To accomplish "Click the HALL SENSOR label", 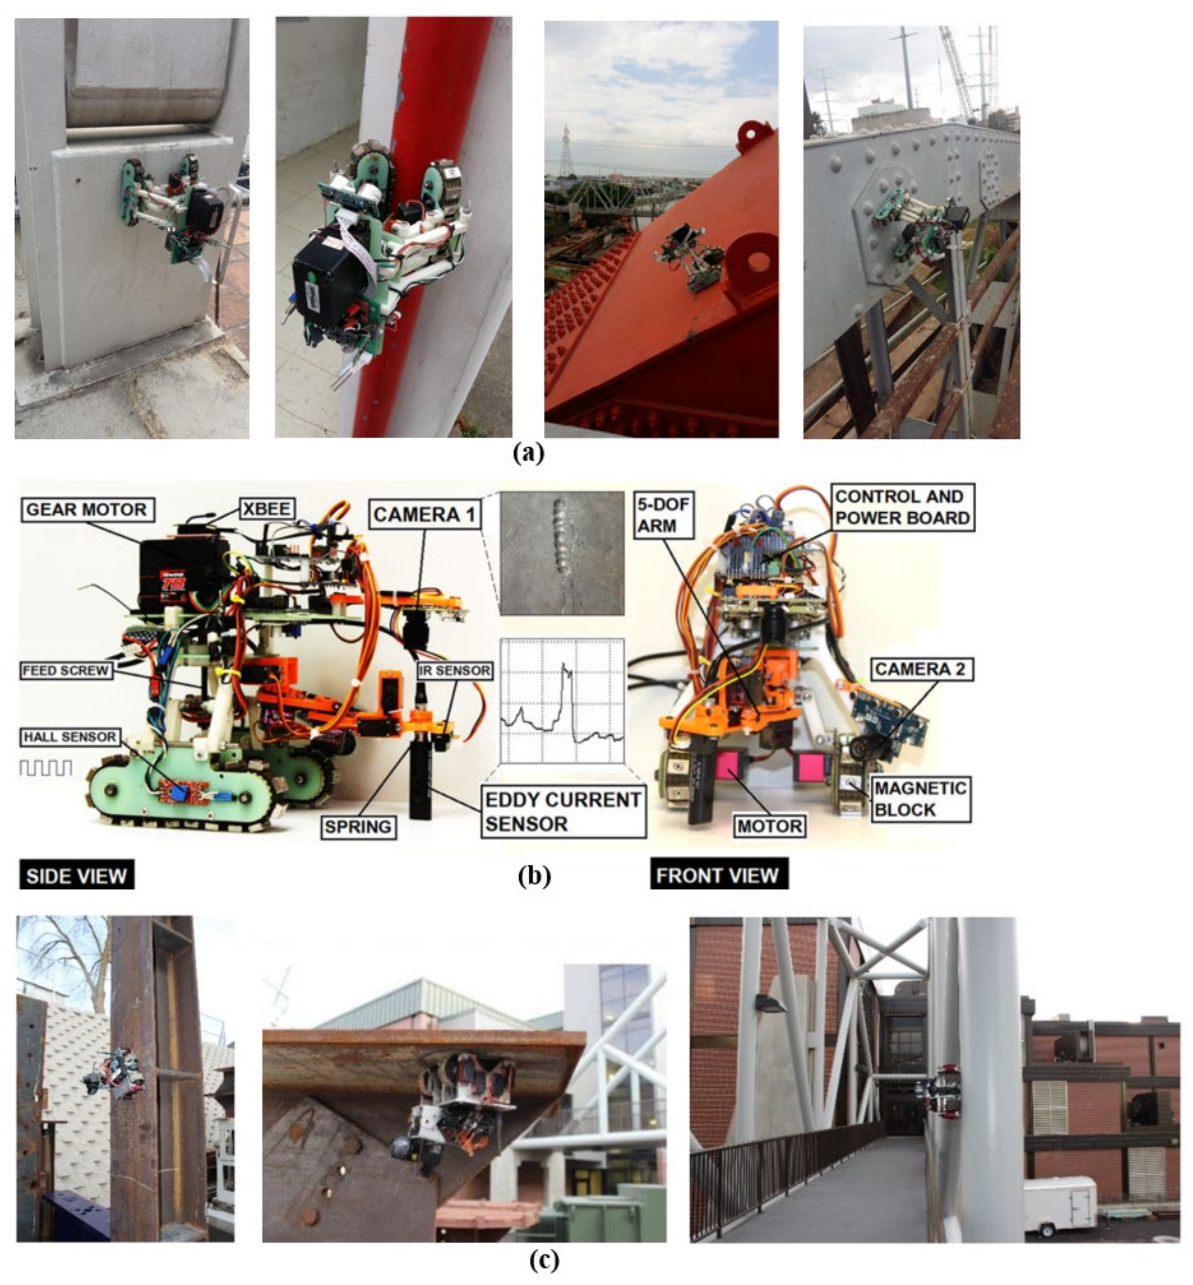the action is click(x=70, y=737).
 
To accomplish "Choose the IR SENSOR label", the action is click(x=455, y=670).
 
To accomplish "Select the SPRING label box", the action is click(x=358, y=826).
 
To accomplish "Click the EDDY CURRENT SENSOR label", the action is click(x=563, y=812).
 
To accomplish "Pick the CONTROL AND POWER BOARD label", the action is click(x=902, y=507).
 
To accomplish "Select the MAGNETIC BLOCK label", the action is click(x=921, y=798).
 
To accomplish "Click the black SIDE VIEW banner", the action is click(x=77, y=875).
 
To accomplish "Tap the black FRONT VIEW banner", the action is click(x=719, y=875).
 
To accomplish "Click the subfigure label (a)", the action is click(x=529, y=453).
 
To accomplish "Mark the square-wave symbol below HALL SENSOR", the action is click(x=46, y=767).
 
